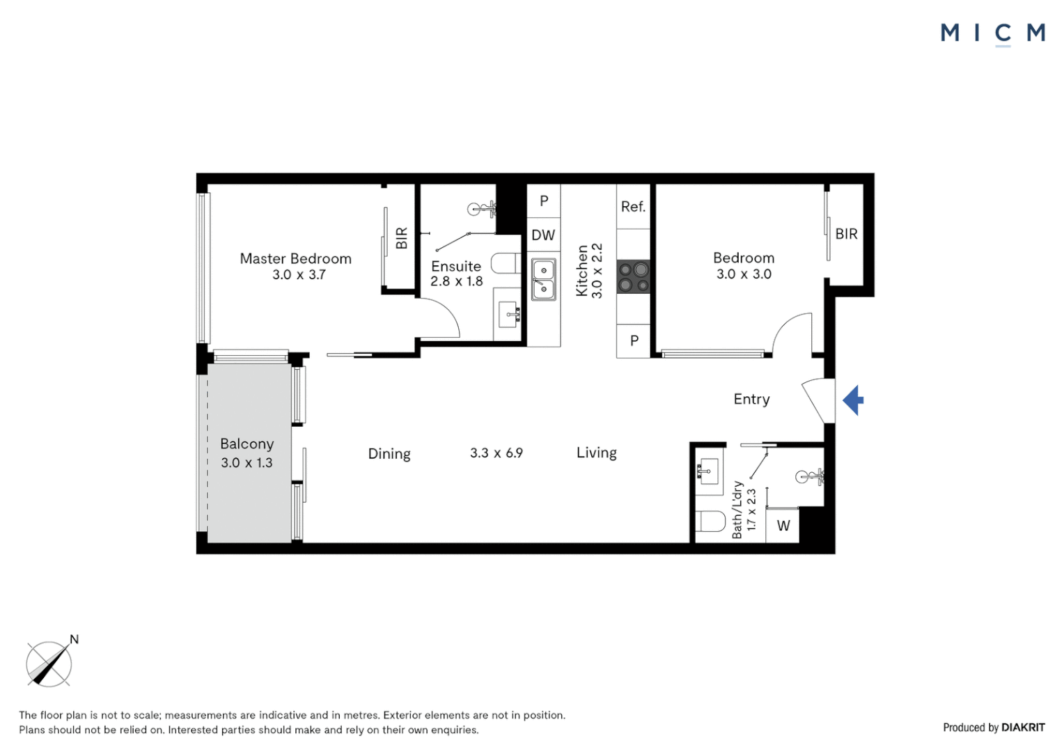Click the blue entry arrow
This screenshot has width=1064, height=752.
(x=854, y=400)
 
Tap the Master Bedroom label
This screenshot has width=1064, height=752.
(x=295, y=258)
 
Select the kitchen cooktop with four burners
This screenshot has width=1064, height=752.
(x=634, y=276)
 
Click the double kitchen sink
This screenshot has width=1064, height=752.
(x=544, y=279)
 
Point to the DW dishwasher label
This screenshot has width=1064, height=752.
(x=543, y=235)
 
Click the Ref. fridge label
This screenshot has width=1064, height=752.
(x=633, y=207)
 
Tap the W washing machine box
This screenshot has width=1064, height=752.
(x=783, y=526)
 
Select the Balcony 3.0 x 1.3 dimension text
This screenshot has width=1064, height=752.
(x=247, y=462)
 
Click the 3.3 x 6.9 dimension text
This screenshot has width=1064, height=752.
(x=496, y=453)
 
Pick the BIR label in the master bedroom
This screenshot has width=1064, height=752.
(x=402, y=238)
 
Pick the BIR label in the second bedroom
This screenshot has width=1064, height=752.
(x=846, y=234)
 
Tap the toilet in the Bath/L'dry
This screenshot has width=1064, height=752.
(x=710, y=521)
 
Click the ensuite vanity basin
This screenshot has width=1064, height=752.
(x=509, y=315)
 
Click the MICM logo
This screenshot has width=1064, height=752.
(x=992, y=33)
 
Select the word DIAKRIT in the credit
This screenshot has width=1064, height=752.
(x=1023, y=728)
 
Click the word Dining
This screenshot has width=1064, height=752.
(x=389, y=454)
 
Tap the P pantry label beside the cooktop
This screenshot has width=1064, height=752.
(x=634, y=341)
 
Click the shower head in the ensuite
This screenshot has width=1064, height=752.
(x=480, y=207)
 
